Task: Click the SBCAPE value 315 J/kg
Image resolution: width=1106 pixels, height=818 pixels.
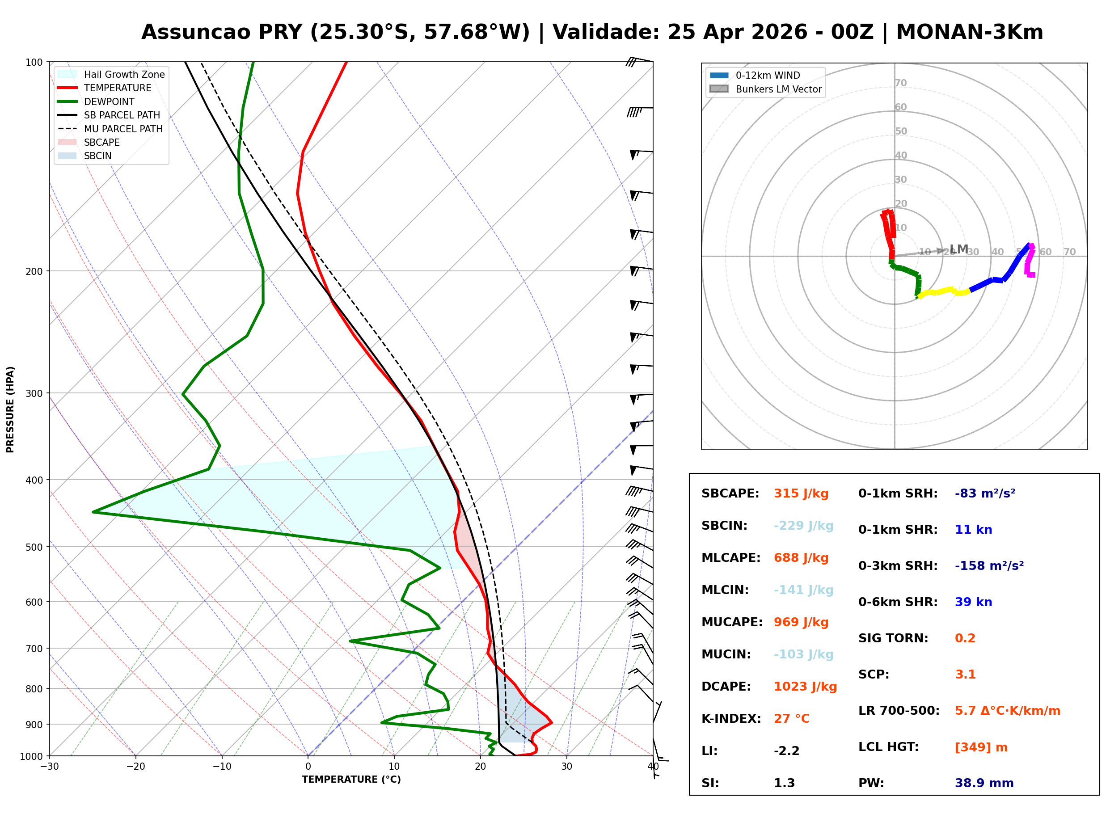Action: point(801,493)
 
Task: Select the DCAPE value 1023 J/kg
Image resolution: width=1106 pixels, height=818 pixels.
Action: point(805,687)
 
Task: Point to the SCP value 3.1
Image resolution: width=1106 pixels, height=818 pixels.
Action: point(965,675)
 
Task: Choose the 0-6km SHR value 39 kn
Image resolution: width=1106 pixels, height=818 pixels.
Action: point(973,602)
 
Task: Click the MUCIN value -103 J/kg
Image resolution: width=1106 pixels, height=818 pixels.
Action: point(803,654)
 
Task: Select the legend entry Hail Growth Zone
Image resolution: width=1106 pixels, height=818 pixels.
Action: point(124,74)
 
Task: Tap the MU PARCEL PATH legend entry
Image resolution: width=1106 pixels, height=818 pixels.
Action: point(123,129)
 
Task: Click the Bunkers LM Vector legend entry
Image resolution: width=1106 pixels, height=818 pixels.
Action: point(778,89)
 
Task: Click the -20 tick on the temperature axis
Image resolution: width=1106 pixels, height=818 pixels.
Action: point(135,767)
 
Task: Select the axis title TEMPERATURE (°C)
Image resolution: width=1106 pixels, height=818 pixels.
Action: point(351,780)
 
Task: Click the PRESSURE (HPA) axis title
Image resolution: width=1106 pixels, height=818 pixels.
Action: point(10,409)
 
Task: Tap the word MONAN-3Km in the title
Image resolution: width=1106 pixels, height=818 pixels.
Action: point(969,32)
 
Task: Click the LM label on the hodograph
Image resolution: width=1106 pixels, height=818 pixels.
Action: point(959,249)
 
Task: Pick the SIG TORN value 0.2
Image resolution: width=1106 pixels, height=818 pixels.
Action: point(965,638)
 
